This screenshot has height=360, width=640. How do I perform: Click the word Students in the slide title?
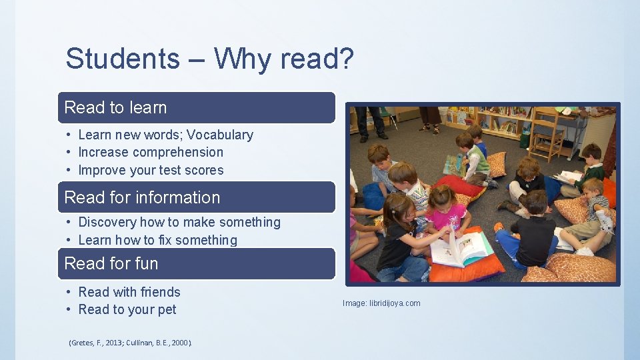(123, 59)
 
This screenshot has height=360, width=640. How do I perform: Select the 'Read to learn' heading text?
(115, 107)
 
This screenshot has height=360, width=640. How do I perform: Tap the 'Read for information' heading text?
(142, 197)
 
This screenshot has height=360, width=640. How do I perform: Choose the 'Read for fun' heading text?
(111, 263)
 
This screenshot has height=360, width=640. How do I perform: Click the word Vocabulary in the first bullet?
(220, 135)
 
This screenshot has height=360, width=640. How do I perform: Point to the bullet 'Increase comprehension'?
(151, 152)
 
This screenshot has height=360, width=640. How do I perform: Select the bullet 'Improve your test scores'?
(151, 170)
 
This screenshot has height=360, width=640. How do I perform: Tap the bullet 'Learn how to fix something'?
(157, 240)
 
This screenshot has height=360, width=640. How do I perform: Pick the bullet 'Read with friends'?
(129, 292)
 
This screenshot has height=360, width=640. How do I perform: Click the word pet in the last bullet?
(167, 309)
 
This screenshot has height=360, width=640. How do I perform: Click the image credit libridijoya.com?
(381, 303)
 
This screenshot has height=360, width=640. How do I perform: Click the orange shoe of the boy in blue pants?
(498, 227)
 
